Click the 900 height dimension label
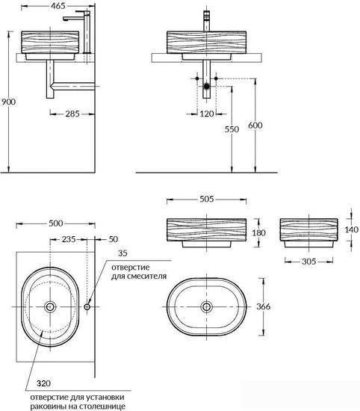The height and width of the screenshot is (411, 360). (9, 102)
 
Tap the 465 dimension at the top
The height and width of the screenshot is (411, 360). (58, 6)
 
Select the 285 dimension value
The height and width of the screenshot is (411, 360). (72, 114)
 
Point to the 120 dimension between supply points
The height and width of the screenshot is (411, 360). (207, 114)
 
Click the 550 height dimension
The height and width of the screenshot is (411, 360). (232, 129)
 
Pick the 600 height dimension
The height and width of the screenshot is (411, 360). (255, 126)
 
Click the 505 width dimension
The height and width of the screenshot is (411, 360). (207, 200)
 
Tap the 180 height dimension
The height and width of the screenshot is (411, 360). (258, 232)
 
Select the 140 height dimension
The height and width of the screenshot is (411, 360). (351, 229)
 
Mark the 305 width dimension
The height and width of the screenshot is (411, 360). (309, 262)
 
